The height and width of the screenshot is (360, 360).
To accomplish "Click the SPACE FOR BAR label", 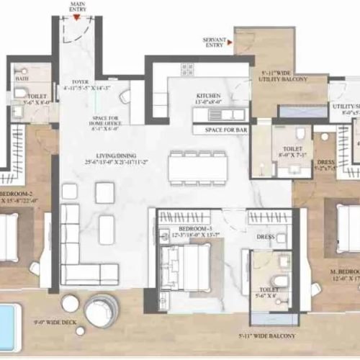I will point(221,130).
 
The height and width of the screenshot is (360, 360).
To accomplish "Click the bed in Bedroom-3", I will point(186,266).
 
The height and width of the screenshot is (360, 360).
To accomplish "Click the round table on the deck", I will point(102,310).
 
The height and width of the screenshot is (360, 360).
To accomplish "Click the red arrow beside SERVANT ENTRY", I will point(229,43).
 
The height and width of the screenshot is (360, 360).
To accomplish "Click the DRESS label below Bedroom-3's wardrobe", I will point(265,236).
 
